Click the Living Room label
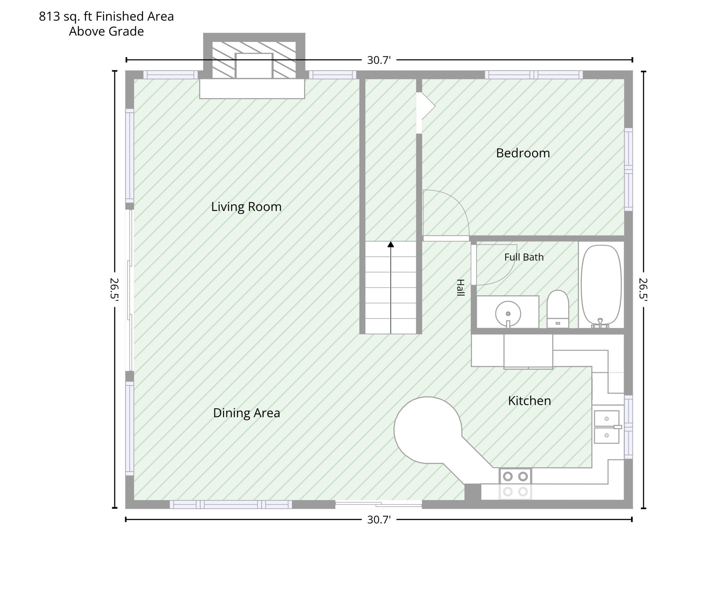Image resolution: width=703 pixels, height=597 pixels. pyautogui.click(x=246, y=206)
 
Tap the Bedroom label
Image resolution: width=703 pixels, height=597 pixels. pyautogui.click(x=523, y=153)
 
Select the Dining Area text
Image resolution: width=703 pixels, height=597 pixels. pyautogui.click(x=246, y=413)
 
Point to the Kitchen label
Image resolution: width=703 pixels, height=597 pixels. pyautogui.click(x=529, y=401)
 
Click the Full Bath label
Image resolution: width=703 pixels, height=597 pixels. pyautogui.click(x=524, y=257)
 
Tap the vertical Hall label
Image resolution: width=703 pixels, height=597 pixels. pyautogui.click(x=460, y=288)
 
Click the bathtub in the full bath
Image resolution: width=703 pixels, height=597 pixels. pyautogui.click(x=601, y=285)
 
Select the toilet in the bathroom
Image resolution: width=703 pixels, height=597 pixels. pyautogui.click(x=558, y=309)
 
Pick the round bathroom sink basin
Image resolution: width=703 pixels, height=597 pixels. pyautogui.click(x=508, y=314)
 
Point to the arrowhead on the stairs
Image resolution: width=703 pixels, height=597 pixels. pyautogui.click(x=391, y=244)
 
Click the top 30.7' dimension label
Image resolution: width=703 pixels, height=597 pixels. pyautogui.click(x=379, y=60)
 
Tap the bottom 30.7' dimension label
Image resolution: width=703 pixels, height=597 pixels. pyautogui.click(x=379, y=519)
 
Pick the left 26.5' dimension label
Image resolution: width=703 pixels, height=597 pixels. pyautogui.click(x=115, y=289)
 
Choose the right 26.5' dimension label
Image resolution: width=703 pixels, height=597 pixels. pyautogui.click(x=643, y=289)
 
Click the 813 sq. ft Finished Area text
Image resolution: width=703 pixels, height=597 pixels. pyautogui.click(x=106, y=16)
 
